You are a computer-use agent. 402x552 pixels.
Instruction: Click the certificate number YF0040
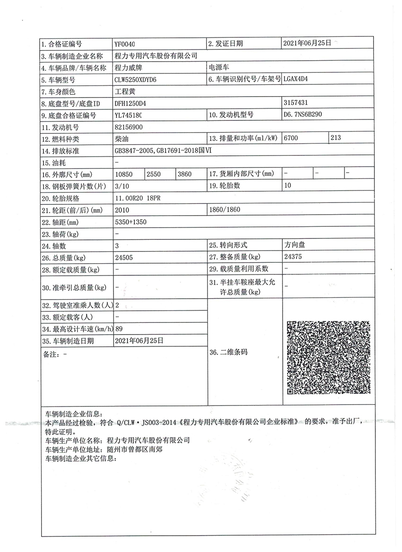tap(124, 44)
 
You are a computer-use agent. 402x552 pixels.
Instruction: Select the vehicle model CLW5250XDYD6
tap(136, 80)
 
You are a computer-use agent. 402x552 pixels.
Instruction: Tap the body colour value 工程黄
tap(125, 91)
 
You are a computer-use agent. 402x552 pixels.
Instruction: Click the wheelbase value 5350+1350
tap(130, 222)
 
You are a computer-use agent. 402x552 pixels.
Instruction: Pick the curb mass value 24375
tap(293, 257)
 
